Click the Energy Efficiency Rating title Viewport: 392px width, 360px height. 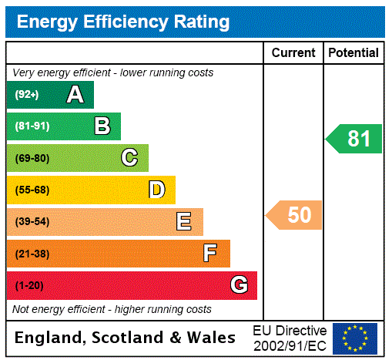122,22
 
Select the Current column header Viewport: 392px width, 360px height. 293,52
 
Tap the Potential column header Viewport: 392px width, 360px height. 353,52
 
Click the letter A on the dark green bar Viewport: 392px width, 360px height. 75,95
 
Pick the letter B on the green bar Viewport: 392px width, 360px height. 102,126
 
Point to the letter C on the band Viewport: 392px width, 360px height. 129,158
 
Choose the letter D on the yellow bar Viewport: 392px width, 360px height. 156,190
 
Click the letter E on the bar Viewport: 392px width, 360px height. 184,222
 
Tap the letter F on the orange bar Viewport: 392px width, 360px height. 210,254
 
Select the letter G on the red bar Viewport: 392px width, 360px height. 239,285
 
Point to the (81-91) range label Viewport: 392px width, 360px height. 32,126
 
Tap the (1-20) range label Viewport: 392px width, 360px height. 28,286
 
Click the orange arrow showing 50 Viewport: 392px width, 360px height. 295,215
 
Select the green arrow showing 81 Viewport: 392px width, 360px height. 355,139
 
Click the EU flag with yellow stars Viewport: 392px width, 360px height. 354,338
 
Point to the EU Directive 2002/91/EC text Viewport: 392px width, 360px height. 290,338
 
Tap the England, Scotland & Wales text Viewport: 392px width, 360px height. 126,338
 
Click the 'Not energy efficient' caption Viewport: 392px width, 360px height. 112,309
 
